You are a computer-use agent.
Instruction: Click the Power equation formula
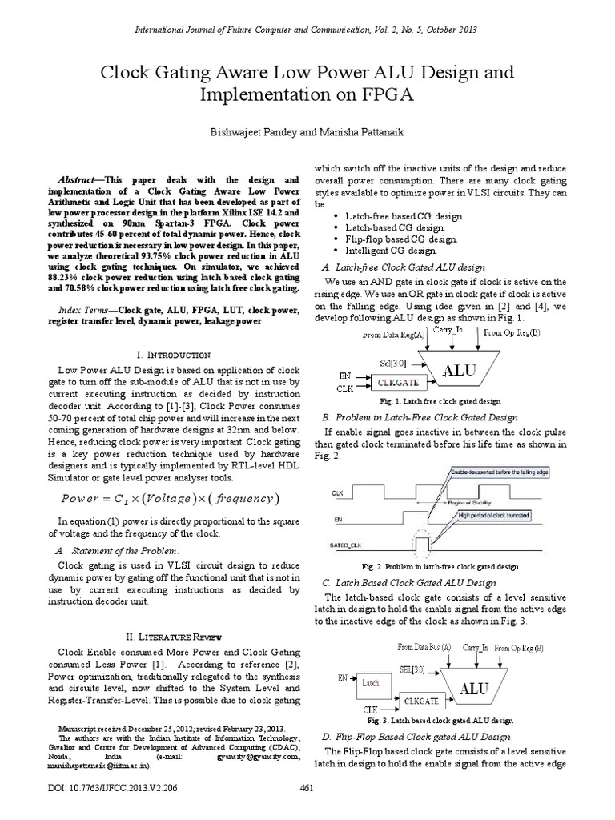coord(169,499)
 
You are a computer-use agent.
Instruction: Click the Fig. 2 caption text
coord(452,566)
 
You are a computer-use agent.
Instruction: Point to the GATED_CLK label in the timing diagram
coord(343,543)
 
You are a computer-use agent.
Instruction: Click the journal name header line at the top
coord(307,30)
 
